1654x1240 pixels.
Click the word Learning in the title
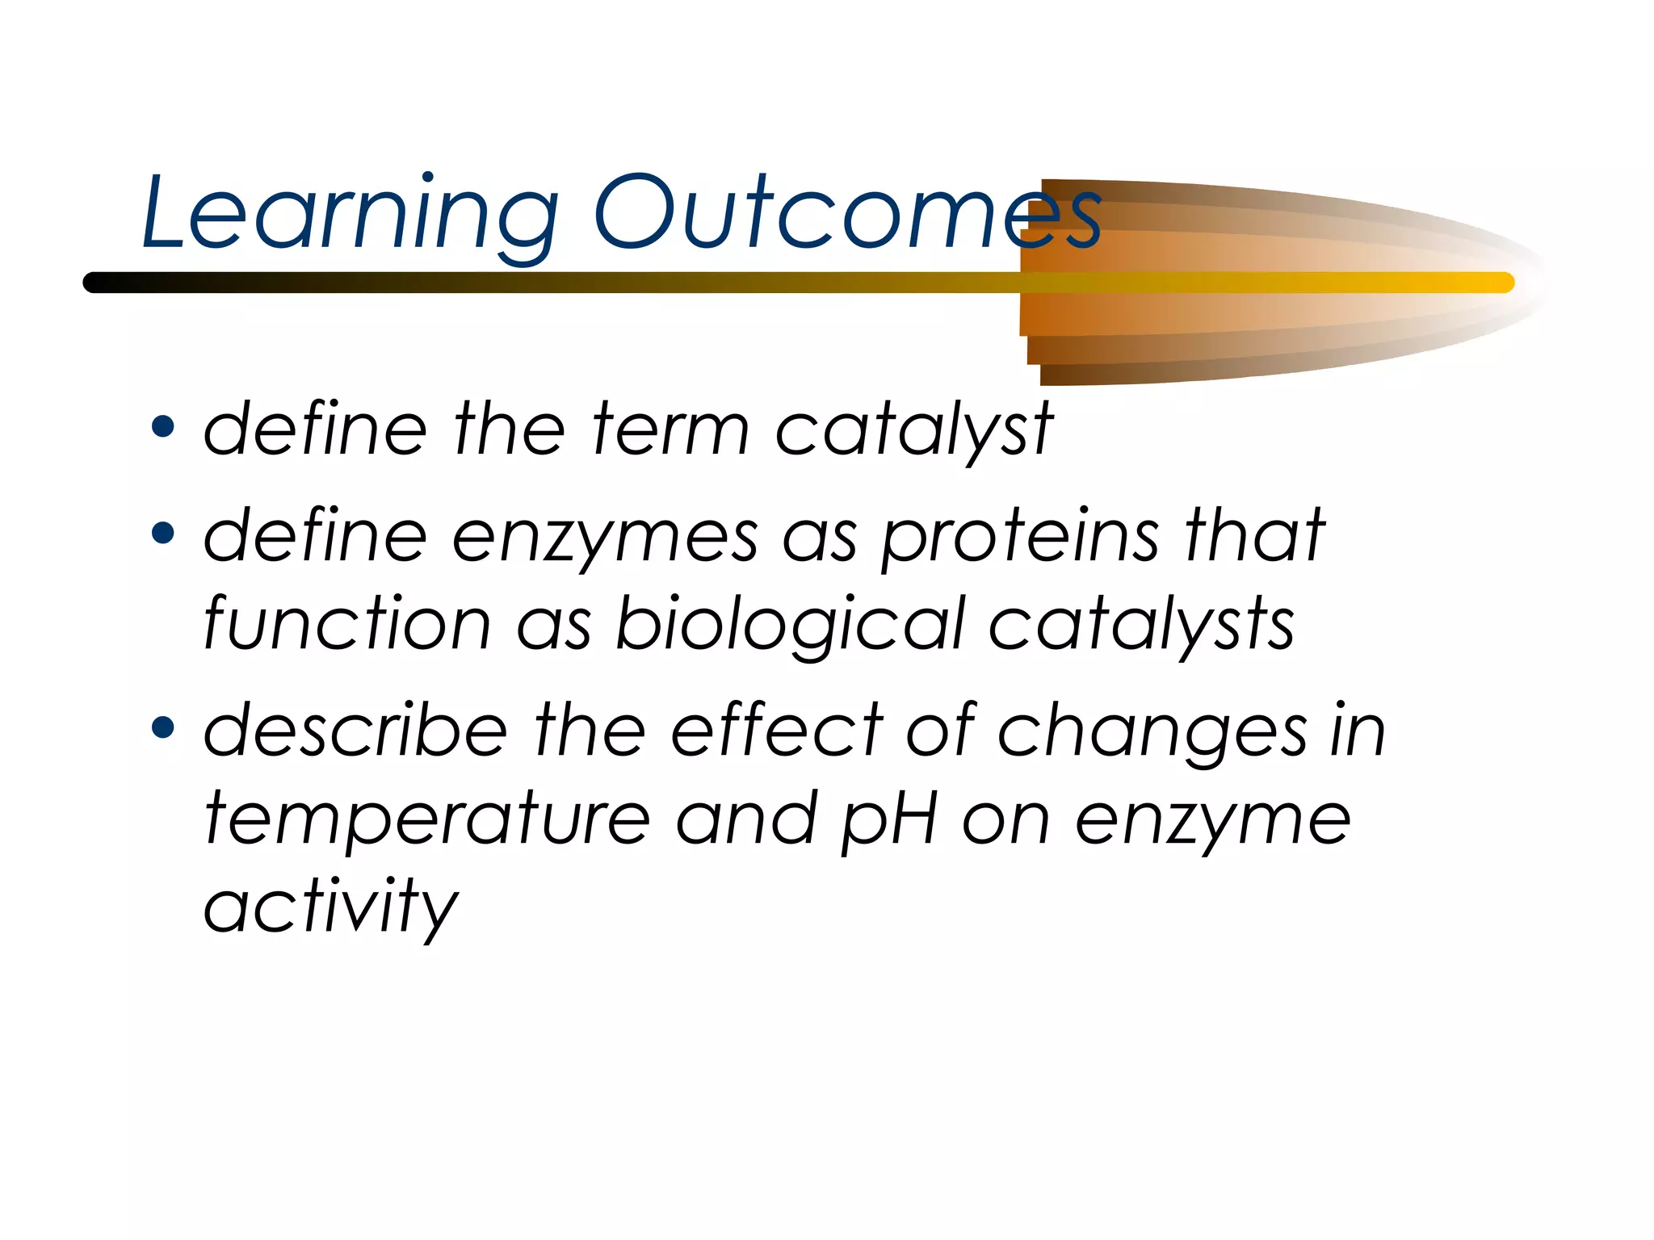point(349,214)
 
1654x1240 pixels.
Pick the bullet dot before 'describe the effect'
point(162,727)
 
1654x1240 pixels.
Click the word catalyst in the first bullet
point(913,429)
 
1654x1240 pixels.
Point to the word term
point(670,429)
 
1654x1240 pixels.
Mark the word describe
point(355,730)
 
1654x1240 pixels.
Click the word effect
point(775,730)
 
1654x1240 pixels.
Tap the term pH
point(888,820)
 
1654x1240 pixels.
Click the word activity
point(331,907)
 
